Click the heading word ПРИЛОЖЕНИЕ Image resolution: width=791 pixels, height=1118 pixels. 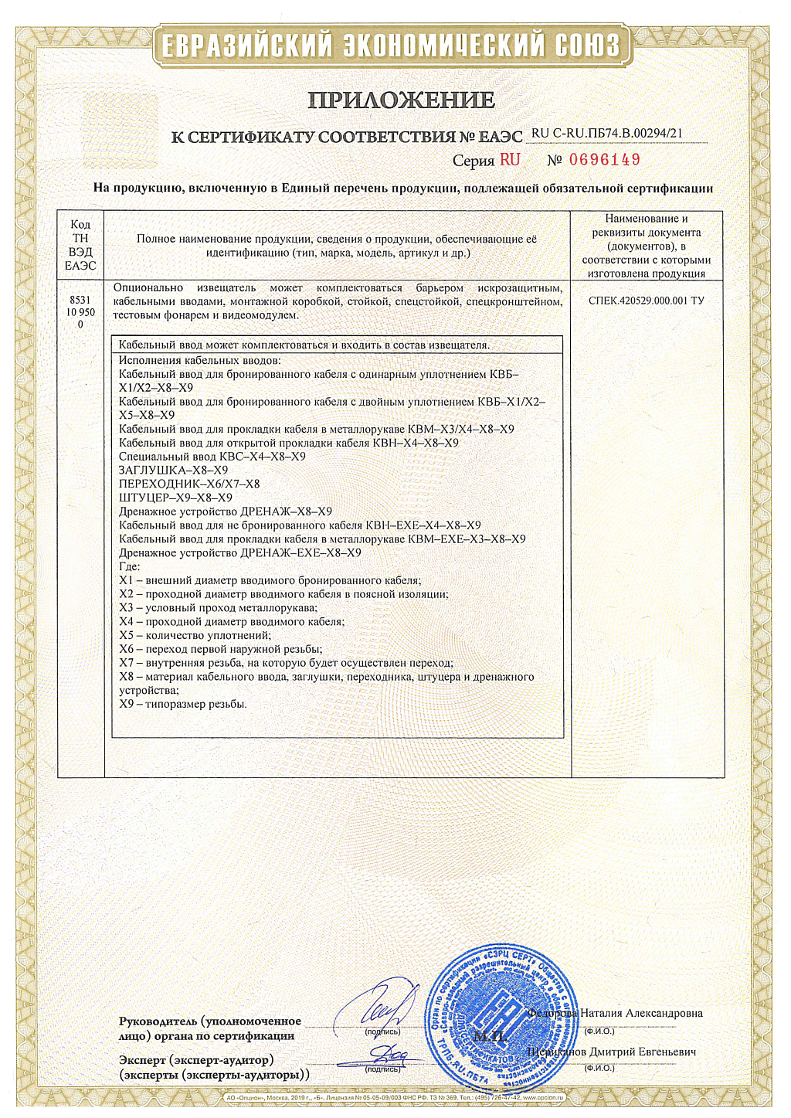pos(401,100)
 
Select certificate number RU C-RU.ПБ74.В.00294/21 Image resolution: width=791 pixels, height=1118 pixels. pos(607,133)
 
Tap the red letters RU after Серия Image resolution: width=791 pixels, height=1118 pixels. pos(510,160)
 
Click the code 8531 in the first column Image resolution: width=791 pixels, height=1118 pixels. pos(80,300)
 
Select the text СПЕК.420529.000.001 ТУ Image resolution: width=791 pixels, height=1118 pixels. pos(647,301)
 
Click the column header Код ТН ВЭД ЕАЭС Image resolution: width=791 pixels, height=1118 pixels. pos(80,245)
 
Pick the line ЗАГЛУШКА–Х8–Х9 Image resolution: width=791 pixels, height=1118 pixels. pos(173,470)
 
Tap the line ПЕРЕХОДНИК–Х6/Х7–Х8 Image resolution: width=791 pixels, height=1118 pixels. pos(189,484)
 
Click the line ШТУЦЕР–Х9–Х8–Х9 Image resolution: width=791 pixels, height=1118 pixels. pos(175,498)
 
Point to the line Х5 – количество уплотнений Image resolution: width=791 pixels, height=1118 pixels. pos(195,635)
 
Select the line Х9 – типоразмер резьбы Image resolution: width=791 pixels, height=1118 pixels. pos(183,704)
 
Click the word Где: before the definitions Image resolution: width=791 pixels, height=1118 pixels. pos(130,566)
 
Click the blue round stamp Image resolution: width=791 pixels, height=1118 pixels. pos(501,1012)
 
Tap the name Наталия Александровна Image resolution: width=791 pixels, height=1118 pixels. pos(641,1013)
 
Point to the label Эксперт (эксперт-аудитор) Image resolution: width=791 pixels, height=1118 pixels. pos(196,1060)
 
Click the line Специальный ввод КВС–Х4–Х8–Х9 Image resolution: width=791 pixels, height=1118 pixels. pos(212,457)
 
